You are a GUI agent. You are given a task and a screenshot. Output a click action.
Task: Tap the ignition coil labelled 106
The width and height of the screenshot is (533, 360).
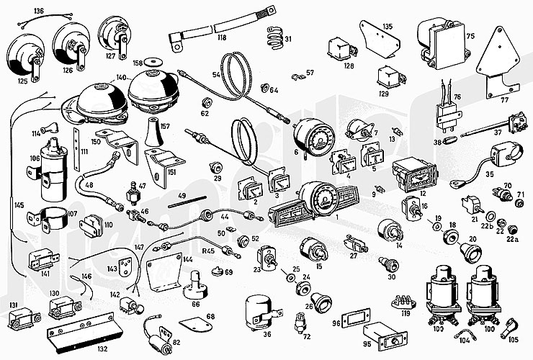51,174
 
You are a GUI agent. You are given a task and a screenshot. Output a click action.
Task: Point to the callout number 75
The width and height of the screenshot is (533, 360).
470,35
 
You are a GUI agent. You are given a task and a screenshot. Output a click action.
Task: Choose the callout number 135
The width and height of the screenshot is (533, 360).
388,27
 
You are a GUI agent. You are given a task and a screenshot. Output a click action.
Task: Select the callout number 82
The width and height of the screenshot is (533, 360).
176,343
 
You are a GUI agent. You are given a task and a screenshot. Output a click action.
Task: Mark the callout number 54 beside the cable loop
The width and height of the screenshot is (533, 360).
216,73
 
